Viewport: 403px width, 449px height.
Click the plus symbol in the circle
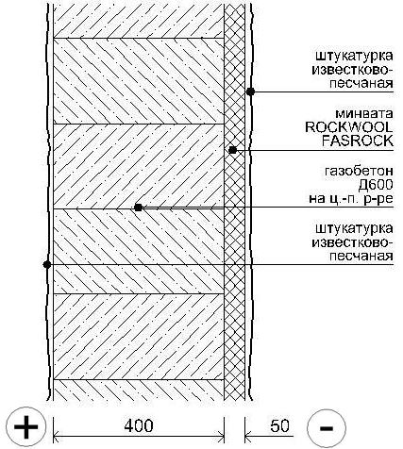click(x=26, y=427)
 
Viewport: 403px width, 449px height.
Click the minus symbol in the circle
click(x=327, y=428)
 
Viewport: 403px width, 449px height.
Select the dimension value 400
click(x=139, y=426)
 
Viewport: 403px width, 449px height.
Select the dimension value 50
click(x=279, y=426)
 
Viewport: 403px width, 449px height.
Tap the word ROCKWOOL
click(x=349, y=127)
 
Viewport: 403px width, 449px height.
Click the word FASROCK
click(x=358, y=141)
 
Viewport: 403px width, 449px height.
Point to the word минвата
click(x=364, y=114)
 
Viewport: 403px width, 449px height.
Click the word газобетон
click(x=359, y=172)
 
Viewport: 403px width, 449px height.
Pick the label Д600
click(x=376, y=185)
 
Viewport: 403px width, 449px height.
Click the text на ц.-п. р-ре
click(x=351, y=199)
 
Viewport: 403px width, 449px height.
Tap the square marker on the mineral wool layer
click(x=233, y=150)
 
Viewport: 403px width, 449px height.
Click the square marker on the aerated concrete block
click(x=138, y=208)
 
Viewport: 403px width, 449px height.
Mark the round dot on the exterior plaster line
click(x=250, y=91)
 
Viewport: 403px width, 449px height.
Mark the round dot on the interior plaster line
click(x=47, y=264)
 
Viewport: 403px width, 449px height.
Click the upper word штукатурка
click(x=354, y=57)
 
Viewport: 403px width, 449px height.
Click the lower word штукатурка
click(x=354, y=229)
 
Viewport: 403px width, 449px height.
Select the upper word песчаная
click(x=361, y=84)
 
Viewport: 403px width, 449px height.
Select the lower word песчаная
click(x=361, y=257)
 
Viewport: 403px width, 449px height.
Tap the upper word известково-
click(x=352, y=70)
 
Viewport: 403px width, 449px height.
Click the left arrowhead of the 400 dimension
click(x=57, y=437)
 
